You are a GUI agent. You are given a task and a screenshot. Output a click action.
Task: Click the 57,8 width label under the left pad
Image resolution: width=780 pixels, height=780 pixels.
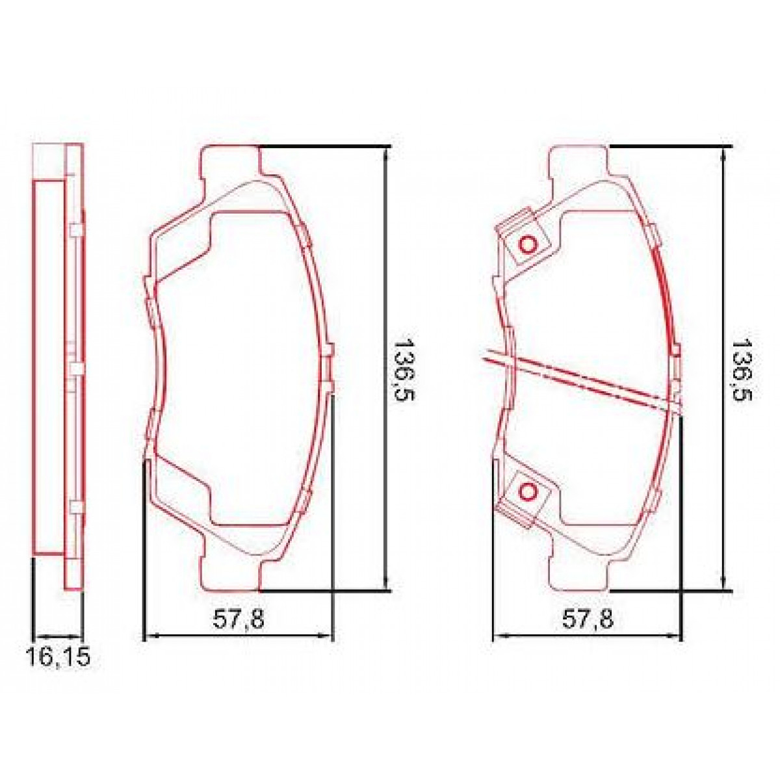[239, 620]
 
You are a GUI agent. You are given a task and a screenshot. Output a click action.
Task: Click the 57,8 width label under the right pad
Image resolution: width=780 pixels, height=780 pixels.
[588, 620]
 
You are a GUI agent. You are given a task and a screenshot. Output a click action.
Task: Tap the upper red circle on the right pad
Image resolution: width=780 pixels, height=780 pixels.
[527, 245]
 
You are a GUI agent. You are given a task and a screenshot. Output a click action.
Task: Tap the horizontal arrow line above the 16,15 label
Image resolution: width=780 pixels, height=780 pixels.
[57, 636]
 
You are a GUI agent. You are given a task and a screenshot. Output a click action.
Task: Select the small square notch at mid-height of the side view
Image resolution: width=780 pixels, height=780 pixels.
[77, 369]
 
